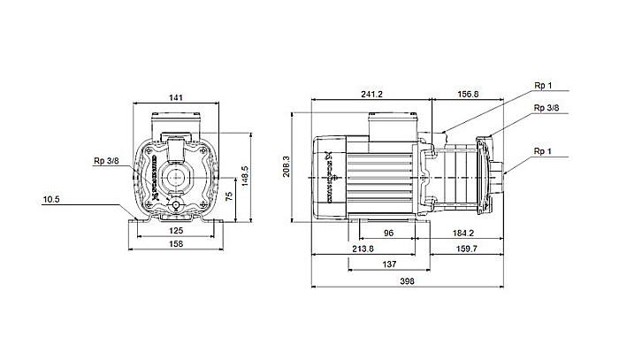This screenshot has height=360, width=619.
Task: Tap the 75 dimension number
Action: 229,197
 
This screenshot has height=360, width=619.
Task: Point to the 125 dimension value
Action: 176,230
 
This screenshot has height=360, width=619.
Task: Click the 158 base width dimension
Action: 175,245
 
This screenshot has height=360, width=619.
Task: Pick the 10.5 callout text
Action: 51,200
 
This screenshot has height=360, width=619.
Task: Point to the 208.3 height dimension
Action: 287,166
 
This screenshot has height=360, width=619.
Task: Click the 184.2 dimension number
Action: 464,233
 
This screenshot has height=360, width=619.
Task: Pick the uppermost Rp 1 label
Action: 543,87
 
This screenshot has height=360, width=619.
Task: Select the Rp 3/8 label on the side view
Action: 546,107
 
